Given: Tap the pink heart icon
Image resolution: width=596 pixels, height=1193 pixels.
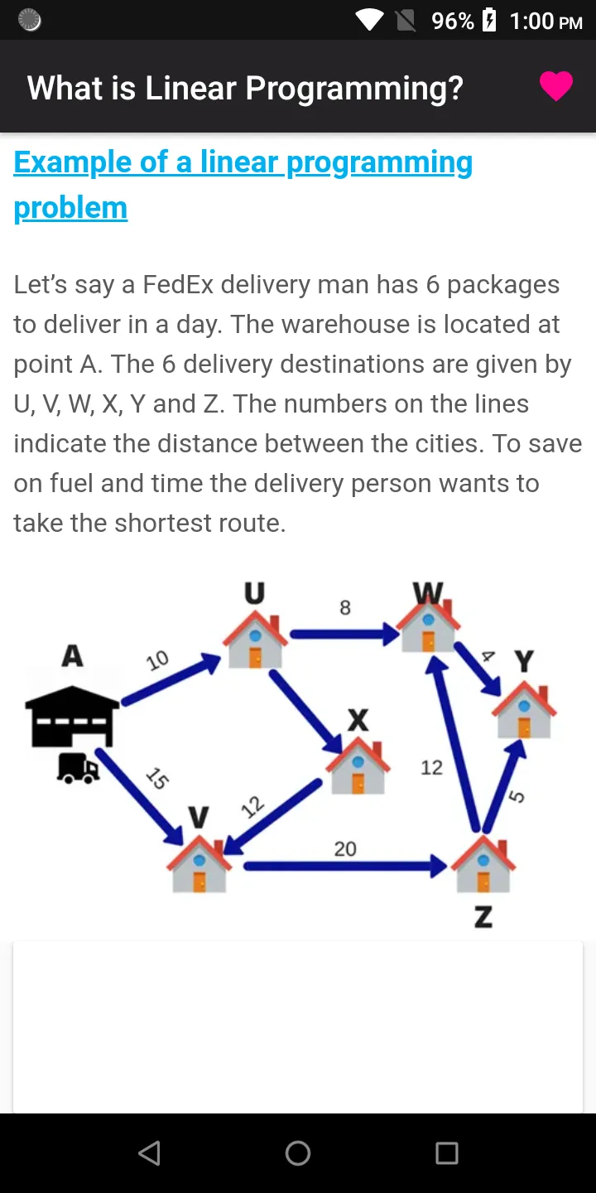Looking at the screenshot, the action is (556, 86).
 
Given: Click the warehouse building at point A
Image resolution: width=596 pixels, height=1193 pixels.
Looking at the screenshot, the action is (72, 716).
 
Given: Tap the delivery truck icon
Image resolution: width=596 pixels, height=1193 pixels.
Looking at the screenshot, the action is (78, 769).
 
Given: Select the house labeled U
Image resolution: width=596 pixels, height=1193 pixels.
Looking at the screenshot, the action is (255, 639).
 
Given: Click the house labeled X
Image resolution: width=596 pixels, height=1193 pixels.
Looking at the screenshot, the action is (358, 766).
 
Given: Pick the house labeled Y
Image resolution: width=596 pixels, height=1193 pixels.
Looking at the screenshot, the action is (524, 709).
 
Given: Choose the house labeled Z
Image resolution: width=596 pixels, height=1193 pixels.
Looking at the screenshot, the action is (483, 863).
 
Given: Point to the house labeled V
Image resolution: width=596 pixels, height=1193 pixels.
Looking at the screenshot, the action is (199, 863).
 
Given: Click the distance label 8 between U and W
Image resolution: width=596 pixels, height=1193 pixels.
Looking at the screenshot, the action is (345, 607).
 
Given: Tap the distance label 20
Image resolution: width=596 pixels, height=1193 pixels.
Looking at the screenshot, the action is (345, 848).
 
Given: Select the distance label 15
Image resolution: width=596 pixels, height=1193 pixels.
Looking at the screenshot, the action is (158, 778).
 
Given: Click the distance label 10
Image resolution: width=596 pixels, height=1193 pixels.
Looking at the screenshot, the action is (157, 660).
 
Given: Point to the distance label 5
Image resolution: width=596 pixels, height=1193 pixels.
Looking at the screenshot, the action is (517, 796).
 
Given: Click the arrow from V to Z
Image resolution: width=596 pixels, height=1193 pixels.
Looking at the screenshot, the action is (346, 866).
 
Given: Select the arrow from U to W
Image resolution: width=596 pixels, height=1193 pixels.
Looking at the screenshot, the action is (345, 634).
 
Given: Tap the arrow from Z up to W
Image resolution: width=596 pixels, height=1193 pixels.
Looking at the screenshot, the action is (455, 743).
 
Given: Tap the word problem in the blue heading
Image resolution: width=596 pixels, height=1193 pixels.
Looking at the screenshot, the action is (71, 208).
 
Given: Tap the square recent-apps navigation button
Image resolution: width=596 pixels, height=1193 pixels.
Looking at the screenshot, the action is (447, 1153).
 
